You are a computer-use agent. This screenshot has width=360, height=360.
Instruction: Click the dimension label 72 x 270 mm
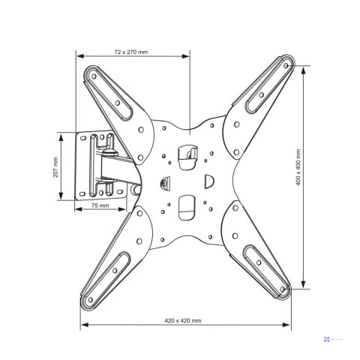(130, 52)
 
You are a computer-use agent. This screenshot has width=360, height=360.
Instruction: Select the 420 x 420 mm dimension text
(183, 320)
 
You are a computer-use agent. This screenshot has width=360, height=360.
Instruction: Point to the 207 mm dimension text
(55, 166)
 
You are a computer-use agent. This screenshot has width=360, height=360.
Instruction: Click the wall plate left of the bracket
(84, 166)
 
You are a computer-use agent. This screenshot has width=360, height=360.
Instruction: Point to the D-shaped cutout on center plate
(210, 181)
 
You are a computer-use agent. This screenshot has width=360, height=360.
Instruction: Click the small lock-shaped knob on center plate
(165, 181)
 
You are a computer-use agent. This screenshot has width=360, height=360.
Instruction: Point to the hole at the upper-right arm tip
(285, 65)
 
